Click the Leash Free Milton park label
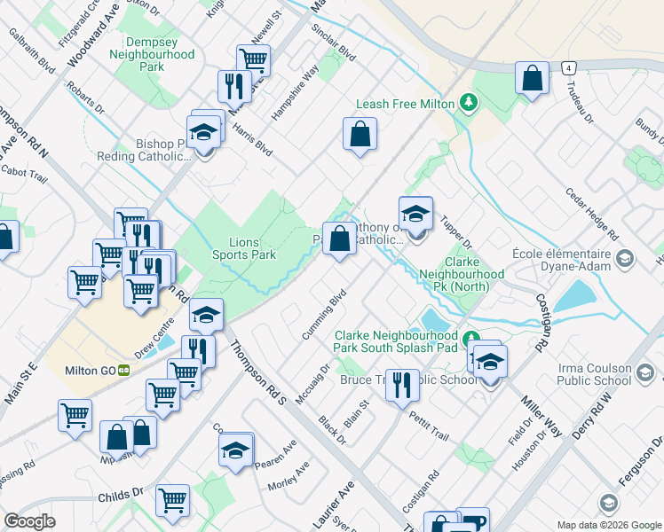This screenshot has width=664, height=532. click(406, 104)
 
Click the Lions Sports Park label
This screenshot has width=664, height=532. click(243, 247)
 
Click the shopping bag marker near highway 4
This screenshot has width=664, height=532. click(531, 78)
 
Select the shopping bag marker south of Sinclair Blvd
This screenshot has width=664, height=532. click(360, 135)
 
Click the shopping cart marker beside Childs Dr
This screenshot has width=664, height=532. click(171, 500)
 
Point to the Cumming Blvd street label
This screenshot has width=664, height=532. click(326, 310)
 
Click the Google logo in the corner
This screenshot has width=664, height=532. click(29, 521)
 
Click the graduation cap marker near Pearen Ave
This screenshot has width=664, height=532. click(235, 450)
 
